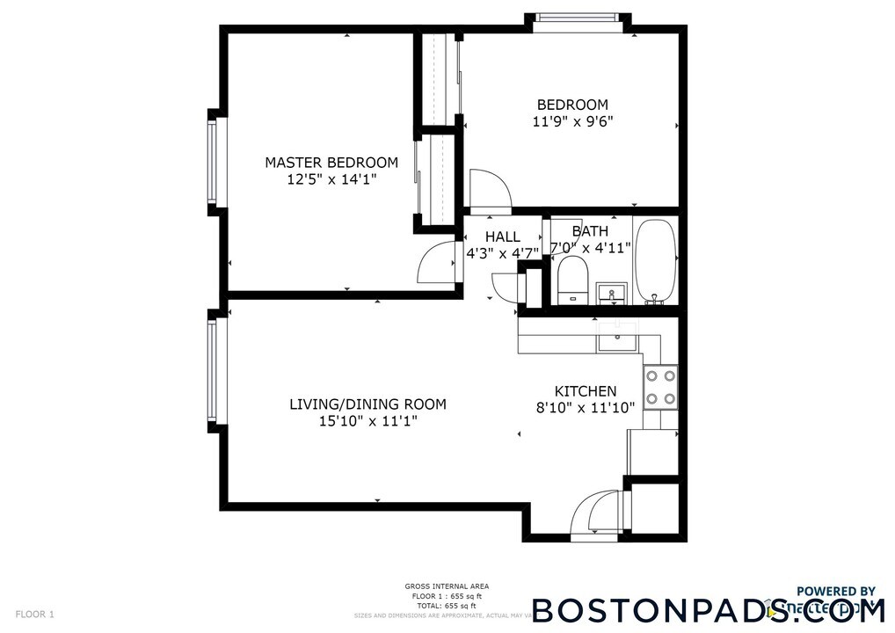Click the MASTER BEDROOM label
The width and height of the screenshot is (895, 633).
click(331, 163)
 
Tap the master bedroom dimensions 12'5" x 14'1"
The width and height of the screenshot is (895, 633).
click(331, 179)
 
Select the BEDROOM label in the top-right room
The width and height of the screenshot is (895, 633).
click(572, 105)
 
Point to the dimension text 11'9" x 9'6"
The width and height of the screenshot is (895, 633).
click(572, 121)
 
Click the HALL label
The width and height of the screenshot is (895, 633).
click(502, 237)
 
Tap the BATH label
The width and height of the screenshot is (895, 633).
click(590, 231)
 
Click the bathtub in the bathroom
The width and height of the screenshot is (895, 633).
click(655, 260)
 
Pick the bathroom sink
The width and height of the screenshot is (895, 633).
click(611, 293)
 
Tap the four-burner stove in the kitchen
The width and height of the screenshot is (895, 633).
click(661, 387)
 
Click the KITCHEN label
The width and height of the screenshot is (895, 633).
click(585, 391)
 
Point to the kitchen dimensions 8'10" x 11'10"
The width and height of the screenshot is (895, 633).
click(585, 408)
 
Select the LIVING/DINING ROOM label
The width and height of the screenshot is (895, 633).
click(367, 404)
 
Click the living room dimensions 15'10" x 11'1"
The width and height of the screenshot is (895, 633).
click(367, 421)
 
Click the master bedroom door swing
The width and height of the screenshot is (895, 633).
click(437, 262)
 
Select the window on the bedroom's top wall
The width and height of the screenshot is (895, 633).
click(578, 18)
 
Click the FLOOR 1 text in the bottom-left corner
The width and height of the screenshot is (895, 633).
click(35, 614)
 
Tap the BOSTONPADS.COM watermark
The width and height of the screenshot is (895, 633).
click(708, 610)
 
